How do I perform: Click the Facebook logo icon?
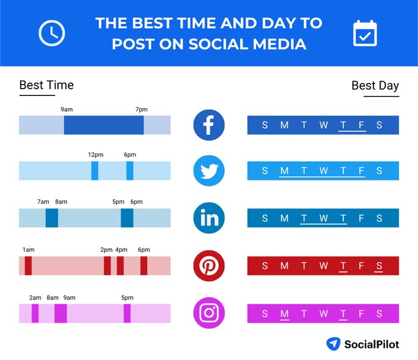tap(209, 125)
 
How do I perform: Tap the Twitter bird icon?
tap(209, 171)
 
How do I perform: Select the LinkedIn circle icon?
tap(209, 218)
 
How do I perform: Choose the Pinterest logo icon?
tap(209, 266)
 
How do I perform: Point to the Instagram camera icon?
tap(209, 313)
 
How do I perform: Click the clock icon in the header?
tap(51, 33)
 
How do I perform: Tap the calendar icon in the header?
tap(365, 33)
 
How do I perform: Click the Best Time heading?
tap(46, 85)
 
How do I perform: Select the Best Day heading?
tap(375, 86)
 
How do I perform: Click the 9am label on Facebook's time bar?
tap(67, 109)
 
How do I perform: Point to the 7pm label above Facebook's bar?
tap(141, 109)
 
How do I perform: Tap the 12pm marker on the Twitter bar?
tap(95, 171)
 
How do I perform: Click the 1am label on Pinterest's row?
tap(28, 250)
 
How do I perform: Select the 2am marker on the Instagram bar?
tap(35, 314)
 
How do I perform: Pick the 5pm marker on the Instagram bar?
tap(127, 314)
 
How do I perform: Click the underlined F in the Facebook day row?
tap(362, 125)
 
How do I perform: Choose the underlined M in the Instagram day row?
tap(284, 314)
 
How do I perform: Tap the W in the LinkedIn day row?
tap(323, 218)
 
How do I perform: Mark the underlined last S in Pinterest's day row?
tap(380, 266)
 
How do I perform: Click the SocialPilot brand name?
tap(371, 344)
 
